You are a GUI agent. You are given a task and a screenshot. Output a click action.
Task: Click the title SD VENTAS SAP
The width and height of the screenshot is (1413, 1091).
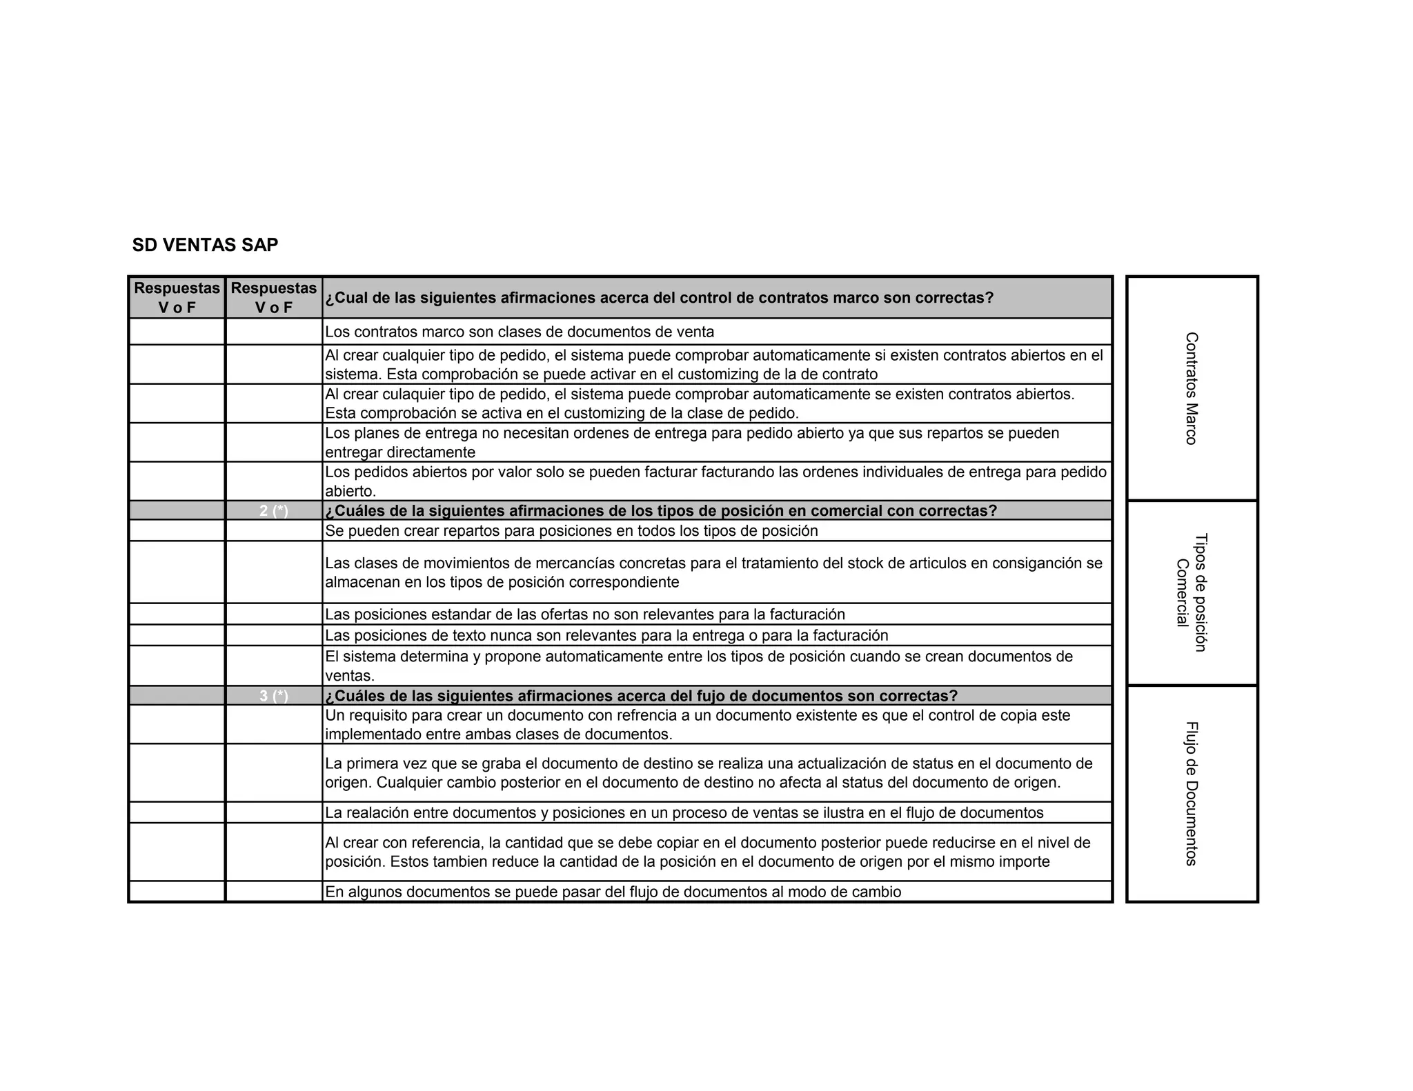(x=205, y=245)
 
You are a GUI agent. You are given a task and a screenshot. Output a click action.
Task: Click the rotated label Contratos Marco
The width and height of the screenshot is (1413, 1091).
(x=1191, y=388)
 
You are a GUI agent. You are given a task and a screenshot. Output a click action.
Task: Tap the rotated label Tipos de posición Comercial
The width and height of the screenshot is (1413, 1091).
(x=1192, y=592)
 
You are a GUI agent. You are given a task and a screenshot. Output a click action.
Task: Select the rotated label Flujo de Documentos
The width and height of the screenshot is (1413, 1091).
(x=1191, y=793)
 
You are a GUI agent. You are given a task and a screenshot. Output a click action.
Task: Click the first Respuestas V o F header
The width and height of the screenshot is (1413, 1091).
(x=177, y=298)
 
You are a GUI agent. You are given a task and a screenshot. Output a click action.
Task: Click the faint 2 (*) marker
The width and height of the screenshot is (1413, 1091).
(x=274, y=511)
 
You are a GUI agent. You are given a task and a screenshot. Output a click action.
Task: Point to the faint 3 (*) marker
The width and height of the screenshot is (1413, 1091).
(x=274, y=696)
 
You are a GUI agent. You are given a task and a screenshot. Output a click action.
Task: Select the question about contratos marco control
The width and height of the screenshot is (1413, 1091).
(x=659, y=298)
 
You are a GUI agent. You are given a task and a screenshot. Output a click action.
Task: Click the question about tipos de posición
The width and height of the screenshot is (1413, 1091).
(x=661, y=511)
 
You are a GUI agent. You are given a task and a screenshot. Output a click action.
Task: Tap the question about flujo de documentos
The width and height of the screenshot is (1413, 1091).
(x=641, y=696)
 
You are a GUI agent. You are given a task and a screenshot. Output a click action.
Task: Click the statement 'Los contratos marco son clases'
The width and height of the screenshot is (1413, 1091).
(x=520, y=332)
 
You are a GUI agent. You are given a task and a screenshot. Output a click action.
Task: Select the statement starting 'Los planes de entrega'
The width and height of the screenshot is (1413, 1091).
(x=691, y=443)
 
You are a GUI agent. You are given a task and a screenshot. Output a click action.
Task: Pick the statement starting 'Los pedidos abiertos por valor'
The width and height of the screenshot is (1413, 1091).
(x=715, y=481)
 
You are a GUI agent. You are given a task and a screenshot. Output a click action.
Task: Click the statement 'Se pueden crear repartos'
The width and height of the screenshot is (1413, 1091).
(x=571, y=531)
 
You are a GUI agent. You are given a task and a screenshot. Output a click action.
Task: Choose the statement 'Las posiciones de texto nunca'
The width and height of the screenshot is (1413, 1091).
(x=606, y=635)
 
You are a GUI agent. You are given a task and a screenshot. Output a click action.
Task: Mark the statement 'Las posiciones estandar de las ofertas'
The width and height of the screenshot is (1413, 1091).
(x=584, y=614)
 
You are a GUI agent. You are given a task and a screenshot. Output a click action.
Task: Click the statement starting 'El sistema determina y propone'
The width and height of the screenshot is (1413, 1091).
(x=698, y=665)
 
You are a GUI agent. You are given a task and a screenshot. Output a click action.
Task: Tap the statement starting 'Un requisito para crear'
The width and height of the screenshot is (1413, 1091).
(x=697, y=724)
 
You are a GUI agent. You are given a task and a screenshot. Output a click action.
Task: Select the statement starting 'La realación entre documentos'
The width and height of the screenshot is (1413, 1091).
(x=684, y=812)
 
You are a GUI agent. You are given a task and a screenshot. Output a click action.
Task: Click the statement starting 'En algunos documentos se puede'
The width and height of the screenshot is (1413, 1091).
(x=613, y=892)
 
